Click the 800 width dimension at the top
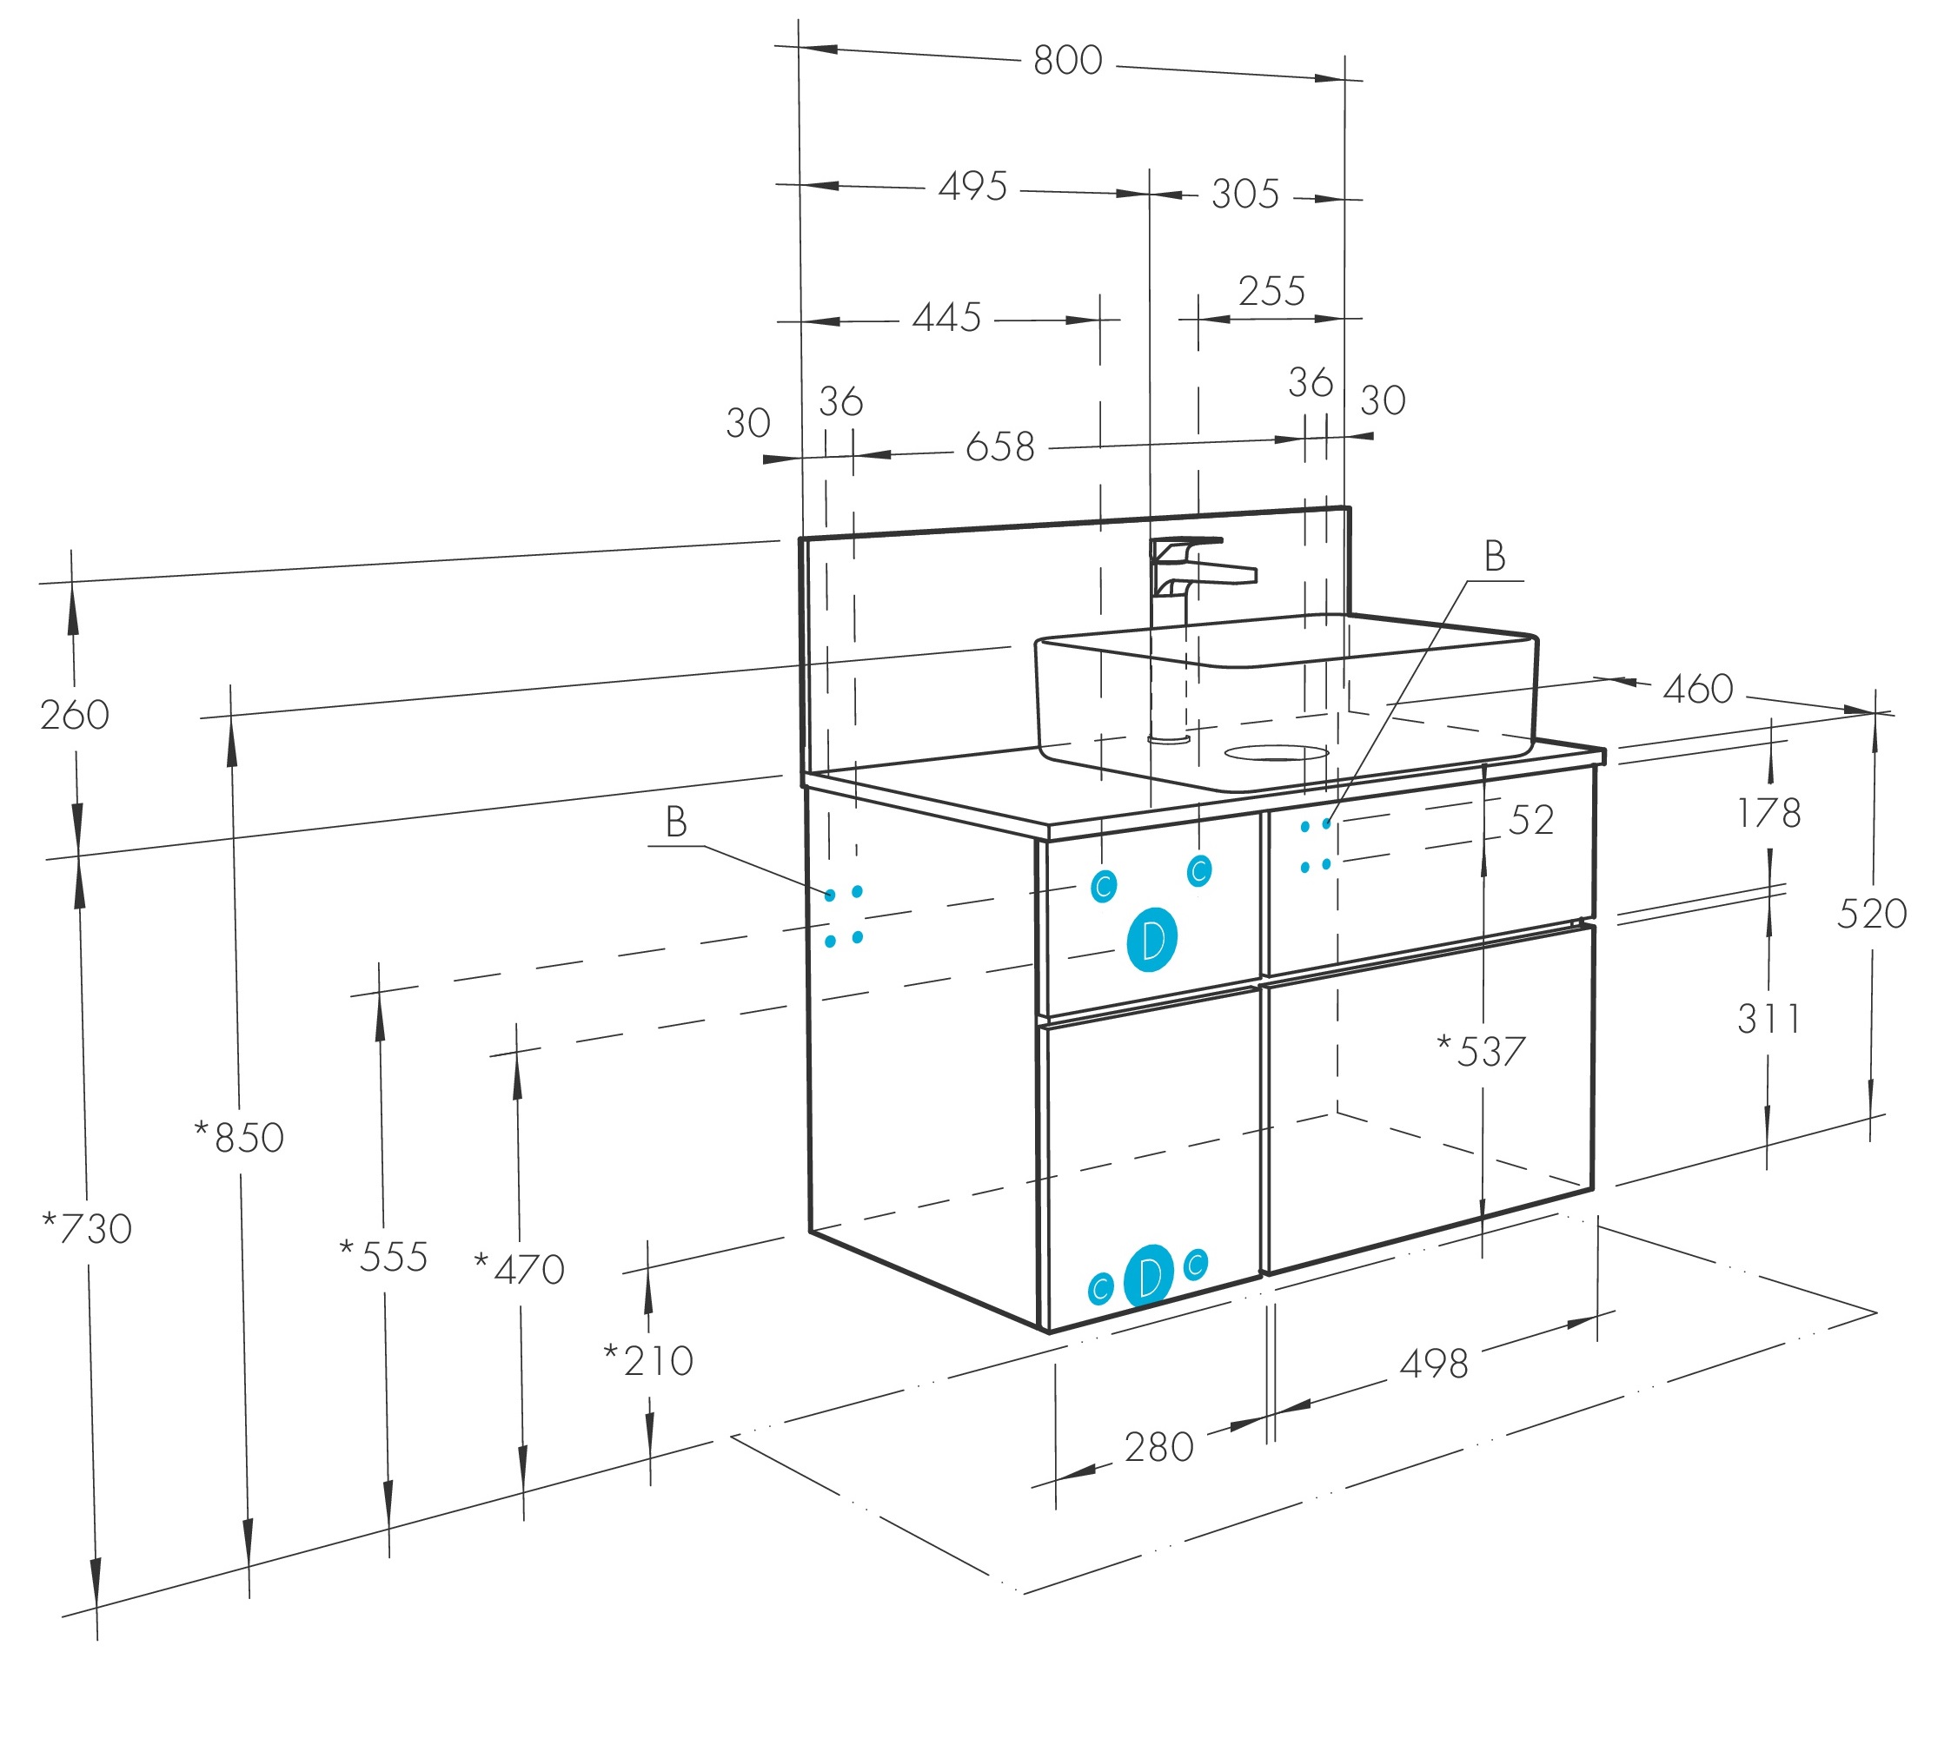point(1067,60)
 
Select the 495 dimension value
point(972,186)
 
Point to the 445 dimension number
point(946,317)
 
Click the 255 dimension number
point(1271,291)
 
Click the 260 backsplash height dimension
point(75,714)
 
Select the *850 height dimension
point(239,1137)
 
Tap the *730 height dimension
point(87,1228)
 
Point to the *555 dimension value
point(383,1257)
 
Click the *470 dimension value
point(520,1269)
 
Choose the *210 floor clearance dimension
point(649,1361)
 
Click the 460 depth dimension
point(1697,689)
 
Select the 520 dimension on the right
point(1871,914)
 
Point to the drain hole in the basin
point(1277,753)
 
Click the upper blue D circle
point(1151,940)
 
